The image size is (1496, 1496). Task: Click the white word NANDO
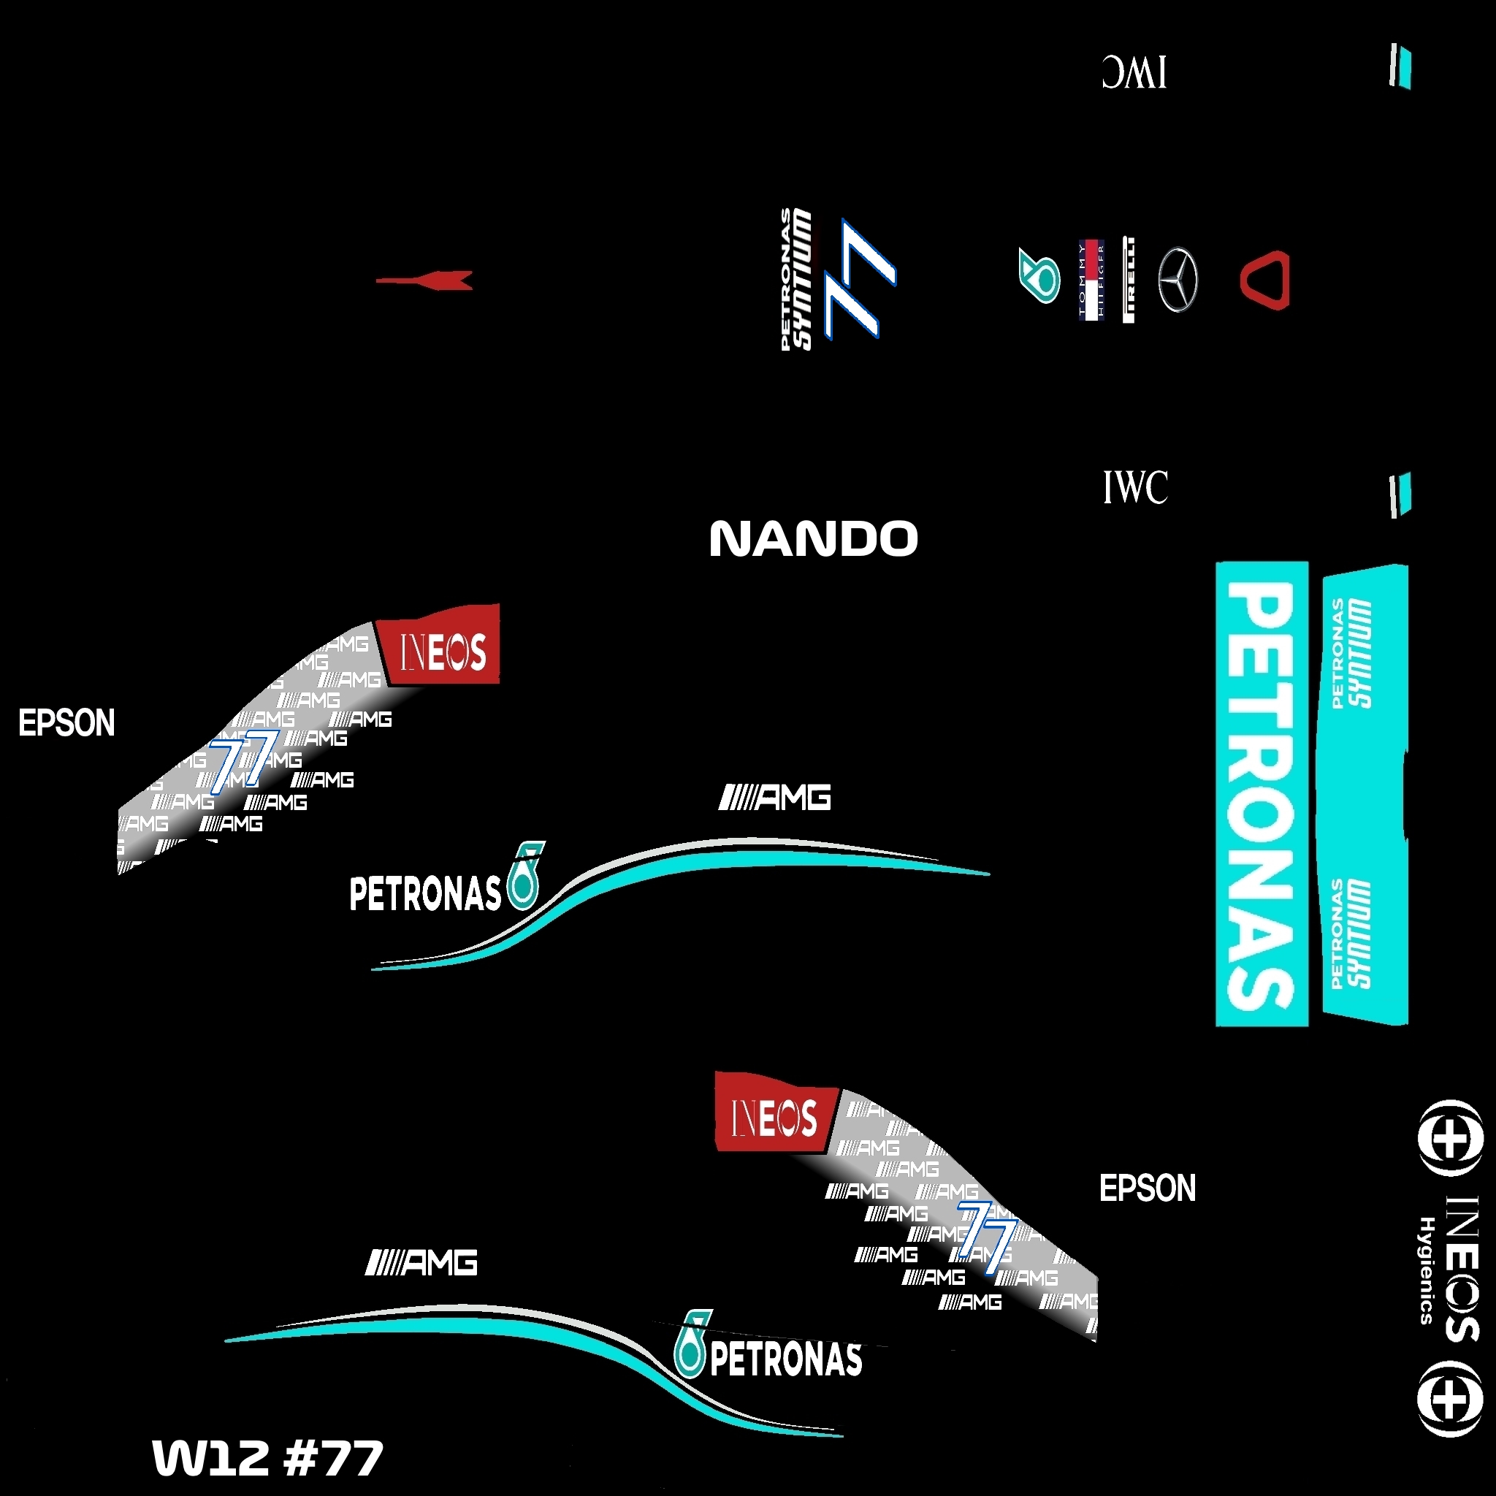pos(813,539)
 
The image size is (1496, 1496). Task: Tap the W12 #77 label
pos(267,1457)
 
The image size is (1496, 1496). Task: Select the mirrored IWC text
pos(1134,72)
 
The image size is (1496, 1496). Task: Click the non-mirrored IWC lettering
pos(1135,487)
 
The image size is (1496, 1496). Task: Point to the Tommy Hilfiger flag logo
pos(1091,280)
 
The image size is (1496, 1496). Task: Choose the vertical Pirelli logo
pos(1128,280)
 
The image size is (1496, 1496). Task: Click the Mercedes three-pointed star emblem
pos(1177,280)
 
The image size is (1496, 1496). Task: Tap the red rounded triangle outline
pos(1265,280)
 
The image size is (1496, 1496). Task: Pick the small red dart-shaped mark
pos(426,280)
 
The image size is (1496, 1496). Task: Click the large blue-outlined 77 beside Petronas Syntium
pos(860,279)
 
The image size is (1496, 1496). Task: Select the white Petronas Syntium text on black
pos(797,279)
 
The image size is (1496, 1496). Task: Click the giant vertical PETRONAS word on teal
pos(1261,794)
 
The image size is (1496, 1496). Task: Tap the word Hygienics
pos(1427,1270)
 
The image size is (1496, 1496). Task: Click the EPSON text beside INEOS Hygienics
pos(1148,1188)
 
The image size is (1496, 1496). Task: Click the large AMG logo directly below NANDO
pos(775,797)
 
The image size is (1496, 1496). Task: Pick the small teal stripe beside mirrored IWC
pos(1401,66)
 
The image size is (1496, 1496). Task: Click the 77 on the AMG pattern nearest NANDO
pos(242,760)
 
